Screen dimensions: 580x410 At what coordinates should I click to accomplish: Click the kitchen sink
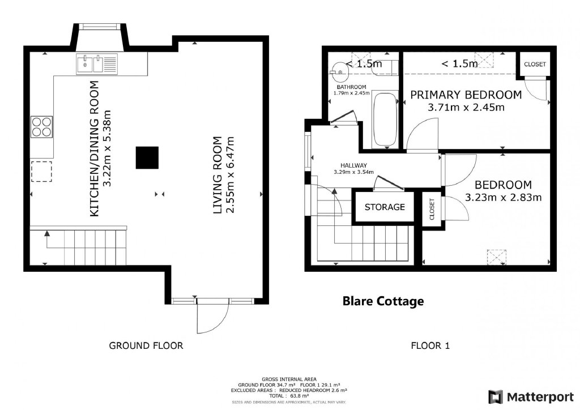tap(97, 64)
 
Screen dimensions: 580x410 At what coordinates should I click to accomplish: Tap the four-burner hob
tap(41, 127)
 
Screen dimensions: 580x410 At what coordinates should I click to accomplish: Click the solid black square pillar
tap(147, 158)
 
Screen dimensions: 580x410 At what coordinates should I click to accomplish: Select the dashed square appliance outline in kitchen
tap(41, 172)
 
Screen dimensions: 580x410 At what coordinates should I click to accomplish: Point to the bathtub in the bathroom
tap(385, 119)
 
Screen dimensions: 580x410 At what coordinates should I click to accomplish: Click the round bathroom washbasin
tap(340, 71)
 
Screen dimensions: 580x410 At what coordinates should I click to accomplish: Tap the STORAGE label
tap(385, 207)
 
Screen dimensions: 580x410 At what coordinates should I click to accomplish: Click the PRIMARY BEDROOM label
tap(466, 95)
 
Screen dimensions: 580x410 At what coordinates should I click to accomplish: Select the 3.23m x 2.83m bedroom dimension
tap(503, 198)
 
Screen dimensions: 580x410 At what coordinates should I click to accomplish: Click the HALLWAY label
tap(353, 165)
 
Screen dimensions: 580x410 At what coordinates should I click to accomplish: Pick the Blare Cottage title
tap(383, 301)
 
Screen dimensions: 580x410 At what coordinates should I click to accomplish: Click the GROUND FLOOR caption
tap(146, 345)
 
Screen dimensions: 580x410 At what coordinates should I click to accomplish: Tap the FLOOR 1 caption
tap(430, 345)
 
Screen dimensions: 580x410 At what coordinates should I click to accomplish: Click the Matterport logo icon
tap(496, 397)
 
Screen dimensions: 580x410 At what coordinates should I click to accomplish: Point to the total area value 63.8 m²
tap(295, 396)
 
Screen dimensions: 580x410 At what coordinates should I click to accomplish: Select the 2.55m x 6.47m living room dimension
tap(230, 175)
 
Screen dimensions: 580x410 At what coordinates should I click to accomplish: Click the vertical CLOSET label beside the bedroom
tap(432, 209)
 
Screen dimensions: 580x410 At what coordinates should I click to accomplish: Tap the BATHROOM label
tap(351, 87)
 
